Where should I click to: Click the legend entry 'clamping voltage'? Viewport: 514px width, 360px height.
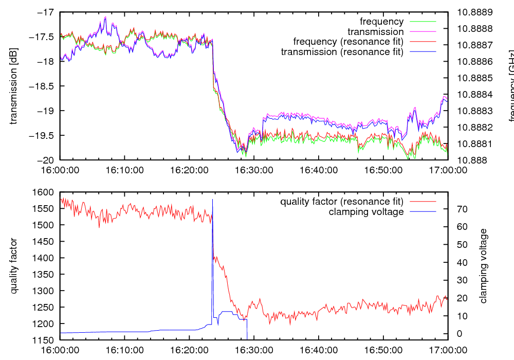coord(366,211)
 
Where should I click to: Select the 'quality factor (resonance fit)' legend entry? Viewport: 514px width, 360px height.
coord(341,201)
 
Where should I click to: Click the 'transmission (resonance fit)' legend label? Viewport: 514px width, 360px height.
coord(342,51)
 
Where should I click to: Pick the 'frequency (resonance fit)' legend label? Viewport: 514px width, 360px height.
coord(348,42)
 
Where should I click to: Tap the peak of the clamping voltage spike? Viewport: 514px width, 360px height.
coord(212,200)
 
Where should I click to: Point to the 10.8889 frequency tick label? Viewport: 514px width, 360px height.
coord(478,12)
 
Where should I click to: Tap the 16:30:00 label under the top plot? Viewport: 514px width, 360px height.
coord(253,169)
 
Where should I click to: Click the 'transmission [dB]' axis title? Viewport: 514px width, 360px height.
coord(14,86)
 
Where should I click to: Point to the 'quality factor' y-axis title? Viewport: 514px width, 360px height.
coord(14,266)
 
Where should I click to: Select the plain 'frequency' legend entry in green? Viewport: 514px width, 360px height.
coord(381,22)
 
